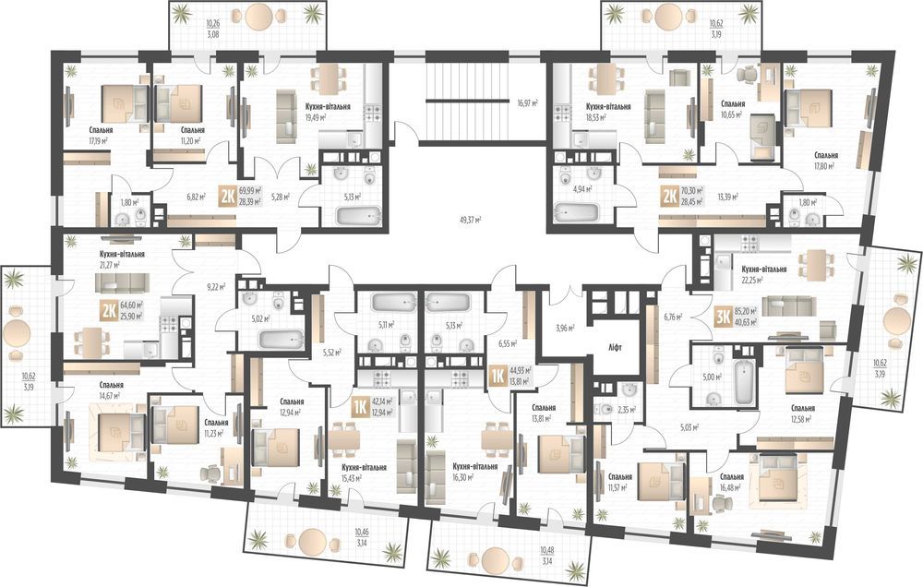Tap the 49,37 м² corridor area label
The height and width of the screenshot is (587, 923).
tap(471, 221)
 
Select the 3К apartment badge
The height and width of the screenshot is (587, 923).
tap(722, 317)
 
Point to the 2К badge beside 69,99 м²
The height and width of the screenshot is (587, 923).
tap(227, 196)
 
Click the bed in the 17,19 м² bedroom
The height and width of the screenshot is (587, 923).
tap(117, 99)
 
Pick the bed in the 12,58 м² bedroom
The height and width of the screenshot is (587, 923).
tap(799, 377)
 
